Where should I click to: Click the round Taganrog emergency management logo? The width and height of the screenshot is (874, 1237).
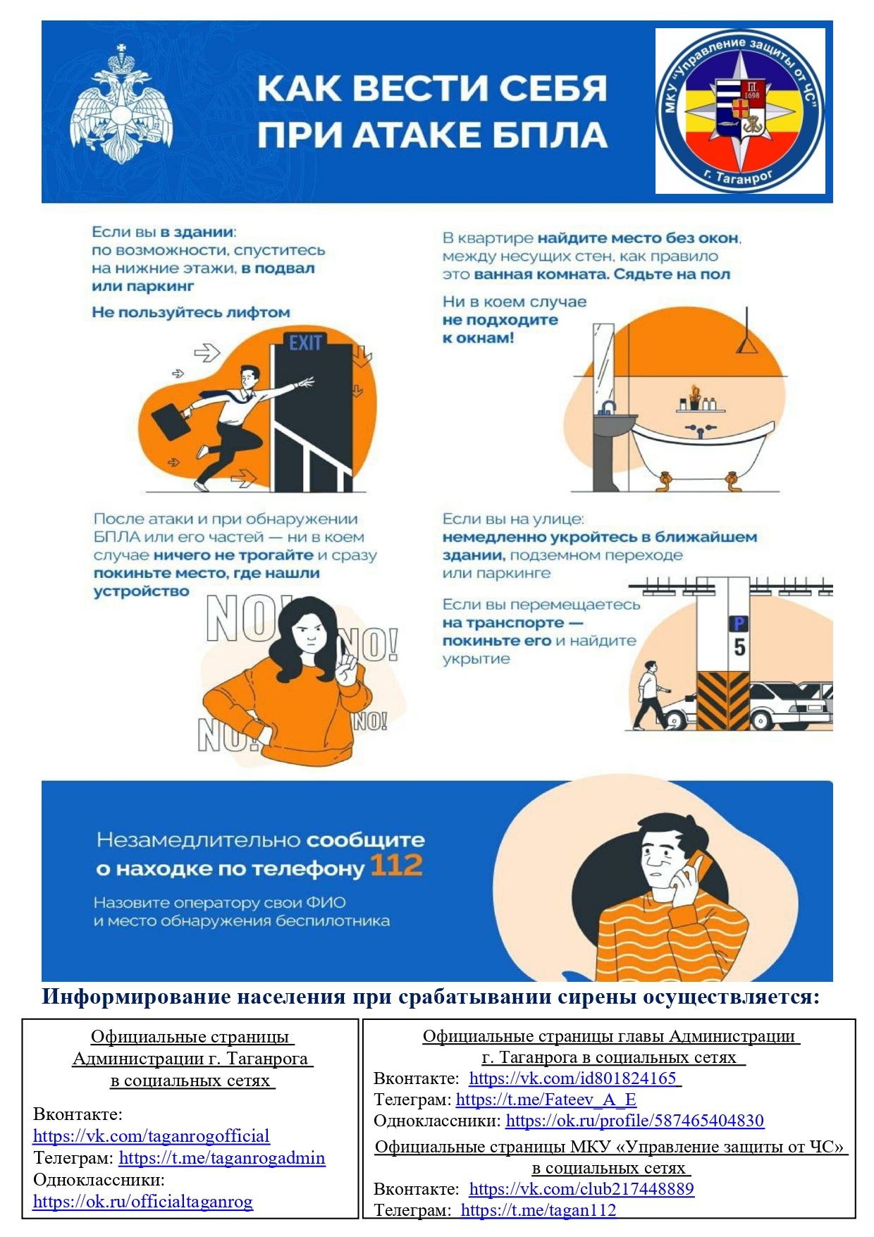740,111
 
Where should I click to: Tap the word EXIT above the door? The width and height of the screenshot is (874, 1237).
305,343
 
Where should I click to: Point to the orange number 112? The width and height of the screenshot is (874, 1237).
396,865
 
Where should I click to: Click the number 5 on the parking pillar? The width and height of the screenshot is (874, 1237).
739,647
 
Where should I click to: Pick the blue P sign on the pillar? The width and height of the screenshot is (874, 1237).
738,624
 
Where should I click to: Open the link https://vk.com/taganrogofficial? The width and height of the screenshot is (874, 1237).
152,1136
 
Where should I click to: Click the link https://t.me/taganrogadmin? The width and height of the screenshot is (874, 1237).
222,1158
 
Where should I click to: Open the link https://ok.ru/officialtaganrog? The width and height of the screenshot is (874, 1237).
143,1202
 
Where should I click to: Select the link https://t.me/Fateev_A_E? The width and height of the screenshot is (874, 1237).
546,1100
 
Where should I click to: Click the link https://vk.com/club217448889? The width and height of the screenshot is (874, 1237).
581,1189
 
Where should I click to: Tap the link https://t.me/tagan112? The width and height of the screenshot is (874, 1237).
538,1210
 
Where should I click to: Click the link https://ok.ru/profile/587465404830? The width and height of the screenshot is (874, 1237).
635,1121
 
